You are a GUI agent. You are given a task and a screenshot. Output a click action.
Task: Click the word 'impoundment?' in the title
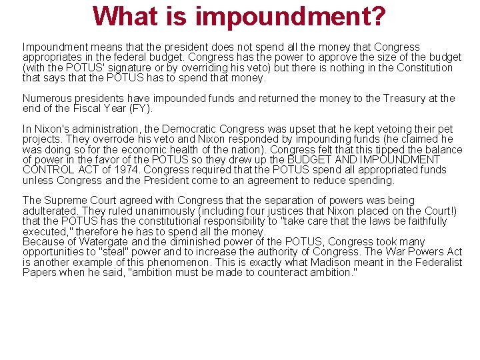pyautogui.click(x=290, y=16)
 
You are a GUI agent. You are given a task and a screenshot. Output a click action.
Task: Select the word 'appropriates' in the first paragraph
pyautogui.click(x=51, y=57)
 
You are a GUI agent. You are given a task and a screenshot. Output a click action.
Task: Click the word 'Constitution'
pyautogui.click(x=424, y=67)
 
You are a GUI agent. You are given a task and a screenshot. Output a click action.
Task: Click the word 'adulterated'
pyautogui.click(x=50, y=211)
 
